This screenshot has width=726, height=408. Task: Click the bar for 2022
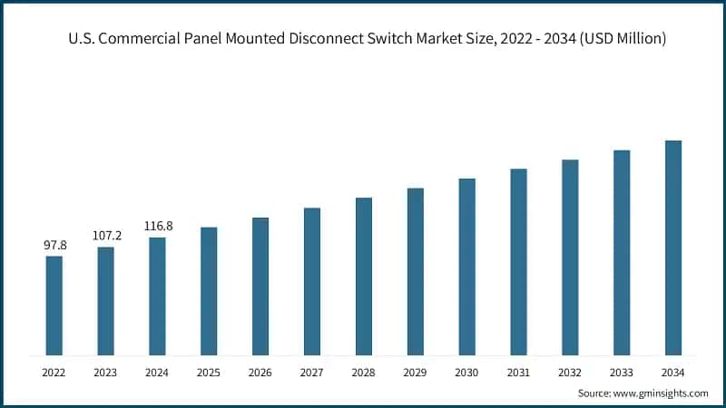[54, 306]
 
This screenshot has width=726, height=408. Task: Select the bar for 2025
[209, 291]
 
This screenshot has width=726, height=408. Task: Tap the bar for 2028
[364, 276]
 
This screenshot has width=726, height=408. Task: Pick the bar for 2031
[518, 261]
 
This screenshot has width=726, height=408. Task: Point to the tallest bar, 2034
[672, 248]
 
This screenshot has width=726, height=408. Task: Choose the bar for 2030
[466, 267]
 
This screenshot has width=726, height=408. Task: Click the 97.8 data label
[54, 245]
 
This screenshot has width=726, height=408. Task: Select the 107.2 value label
[106, 235]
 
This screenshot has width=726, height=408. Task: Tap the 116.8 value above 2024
[158, 226]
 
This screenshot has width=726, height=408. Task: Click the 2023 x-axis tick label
[106, 373]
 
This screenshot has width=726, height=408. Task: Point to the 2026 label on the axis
[260, 373]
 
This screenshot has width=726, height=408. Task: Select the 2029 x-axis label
[415, 373]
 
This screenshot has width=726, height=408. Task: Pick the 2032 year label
[570, 373]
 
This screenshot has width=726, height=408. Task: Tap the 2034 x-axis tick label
[672, 373]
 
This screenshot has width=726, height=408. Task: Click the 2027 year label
[312, 373]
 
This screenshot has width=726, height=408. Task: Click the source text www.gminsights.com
[663, 393]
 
